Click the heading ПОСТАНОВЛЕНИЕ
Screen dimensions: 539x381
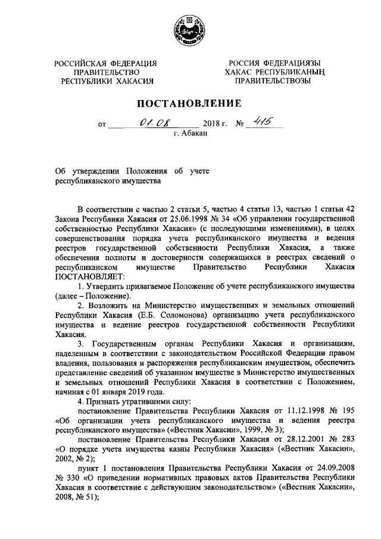tap(190, 104)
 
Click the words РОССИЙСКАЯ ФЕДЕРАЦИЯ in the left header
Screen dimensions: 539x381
tap(106, 63)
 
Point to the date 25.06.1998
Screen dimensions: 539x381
tap(177, 219)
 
